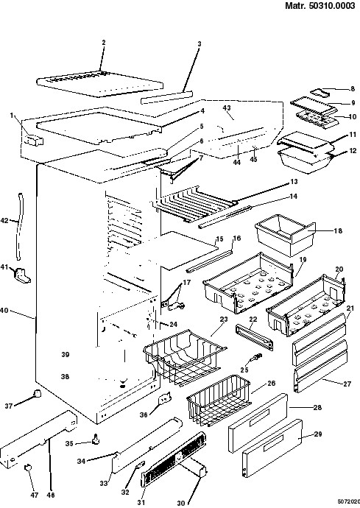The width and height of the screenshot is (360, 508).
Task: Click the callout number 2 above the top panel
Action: click(104, 43)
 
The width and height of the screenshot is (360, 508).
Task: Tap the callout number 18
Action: click(338, 231)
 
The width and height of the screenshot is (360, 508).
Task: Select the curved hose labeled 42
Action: click(20, 227)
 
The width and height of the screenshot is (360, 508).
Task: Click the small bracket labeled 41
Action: click(22, 275)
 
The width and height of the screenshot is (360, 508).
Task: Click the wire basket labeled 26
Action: click(219, 400)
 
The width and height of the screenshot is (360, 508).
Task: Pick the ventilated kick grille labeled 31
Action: click(174, 459)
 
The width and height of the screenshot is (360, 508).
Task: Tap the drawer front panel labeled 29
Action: click(272, 448)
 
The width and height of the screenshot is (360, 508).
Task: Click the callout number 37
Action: click(8, 406)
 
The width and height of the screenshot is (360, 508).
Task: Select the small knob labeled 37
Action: click(38, 393)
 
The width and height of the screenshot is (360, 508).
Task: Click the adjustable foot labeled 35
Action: click(96, 439)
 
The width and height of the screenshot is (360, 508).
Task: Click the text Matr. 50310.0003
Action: click(320, 6)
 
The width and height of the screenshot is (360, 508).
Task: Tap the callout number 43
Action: click(227, 107)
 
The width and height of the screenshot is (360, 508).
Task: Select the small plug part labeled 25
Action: click(255, 358)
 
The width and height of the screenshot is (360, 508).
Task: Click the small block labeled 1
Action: click(33, 141)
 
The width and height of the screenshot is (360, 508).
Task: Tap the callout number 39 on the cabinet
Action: click(66, 354)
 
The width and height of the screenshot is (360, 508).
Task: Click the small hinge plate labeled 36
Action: click(165, 399)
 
